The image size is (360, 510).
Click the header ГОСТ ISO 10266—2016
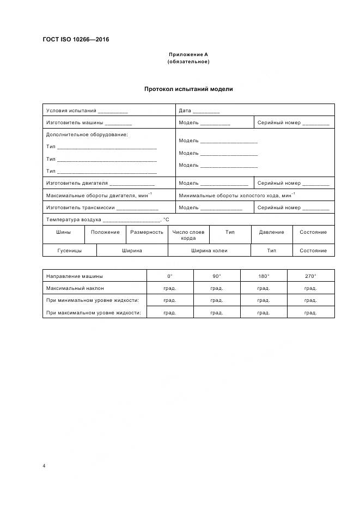75,39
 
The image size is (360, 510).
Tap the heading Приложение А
188,54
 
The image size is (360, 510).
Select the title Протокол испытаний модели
188,89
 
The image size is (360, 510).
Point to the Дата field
199,111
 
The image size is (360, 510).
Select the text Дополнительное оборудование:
87,135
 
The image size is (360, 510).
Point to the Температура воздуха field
107,220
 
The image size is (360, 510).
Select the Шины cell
63,232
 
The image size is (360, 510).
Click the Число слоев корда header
188,235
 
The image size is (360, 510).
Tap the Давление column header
271,232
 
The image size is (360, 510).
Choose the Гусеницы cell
69,251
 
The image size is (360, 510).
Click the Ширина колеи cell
209,251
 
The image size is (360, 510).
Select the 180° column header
263,276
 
